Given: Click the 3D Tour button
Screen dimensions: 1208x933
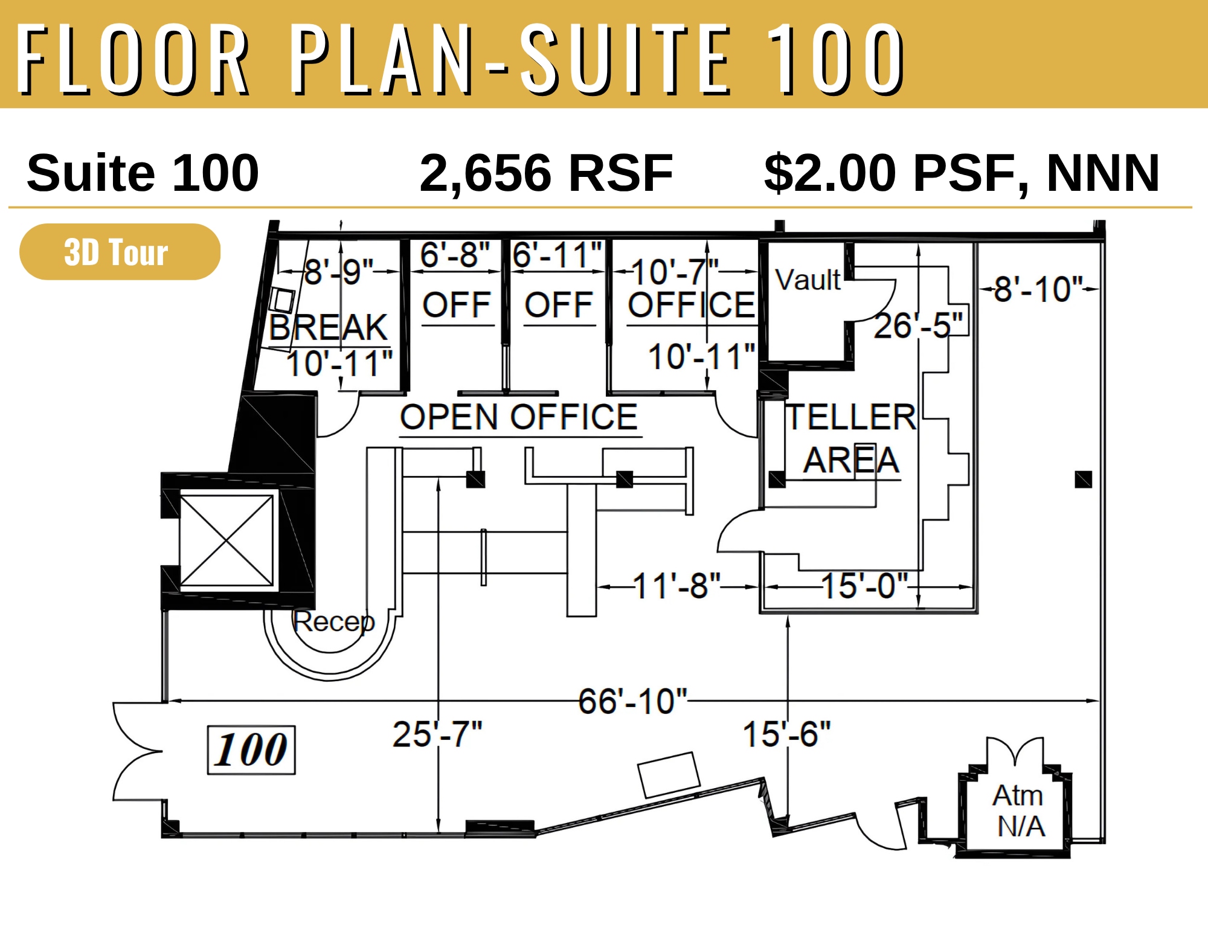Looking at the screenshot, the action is pos(120,252).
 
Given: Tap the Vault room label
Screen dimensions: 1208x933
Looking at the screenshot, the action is pos(808,280).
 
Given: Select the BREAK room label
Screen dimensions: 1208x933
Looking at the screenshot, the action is pos(328,327).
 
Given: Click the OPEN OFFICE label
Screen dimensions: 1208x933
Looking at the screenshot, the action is pos(519,417).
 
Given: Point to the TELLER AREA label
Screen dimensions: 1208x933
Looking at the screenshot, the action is pos(851,438).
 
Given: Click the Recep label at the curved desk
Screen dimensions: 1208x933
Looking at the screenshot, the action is pos(333,621).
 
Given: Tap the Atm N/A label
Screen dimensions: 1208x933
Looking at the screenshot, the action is pos(1020,810).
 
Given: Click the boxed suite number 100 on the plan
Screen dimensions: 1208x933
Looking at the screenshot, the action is pos(251,749).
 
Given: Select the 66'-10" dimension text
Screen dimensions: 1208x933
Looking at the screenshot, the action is pos(632,701).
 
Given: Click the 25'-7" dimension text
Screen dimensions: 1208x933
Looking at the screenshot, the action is pos(437,734).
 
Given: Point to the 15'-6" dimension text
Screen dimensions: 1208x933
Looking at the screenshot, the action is pos(786,734).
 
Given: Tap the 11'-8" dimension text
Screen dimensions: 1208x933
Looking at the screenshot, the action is pos(676,586).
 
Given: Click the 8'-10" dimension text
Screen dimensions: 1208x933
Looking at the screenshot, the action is pos(1038,289).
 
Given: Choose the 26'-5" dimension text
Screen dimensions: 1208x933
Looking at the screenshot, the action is pos(918,325).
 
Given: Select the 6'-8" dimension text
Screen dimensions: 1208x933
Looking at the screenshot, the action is pos(455,255).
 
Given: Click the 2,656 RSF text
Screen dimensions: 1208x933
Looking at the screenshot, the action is pos(546,173).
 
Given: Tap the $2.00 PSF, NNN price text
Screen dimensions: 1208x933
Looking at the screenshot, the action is pos(962,173).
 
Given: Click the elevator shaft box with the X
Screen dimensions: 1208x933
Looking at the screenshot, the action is pos(226,540).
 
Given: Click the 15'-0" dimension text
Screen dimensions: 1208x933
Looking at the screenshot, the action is pos(864,586).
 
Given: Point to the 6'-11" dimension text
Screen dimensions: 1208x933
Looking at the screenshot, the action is pos(557,255).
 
